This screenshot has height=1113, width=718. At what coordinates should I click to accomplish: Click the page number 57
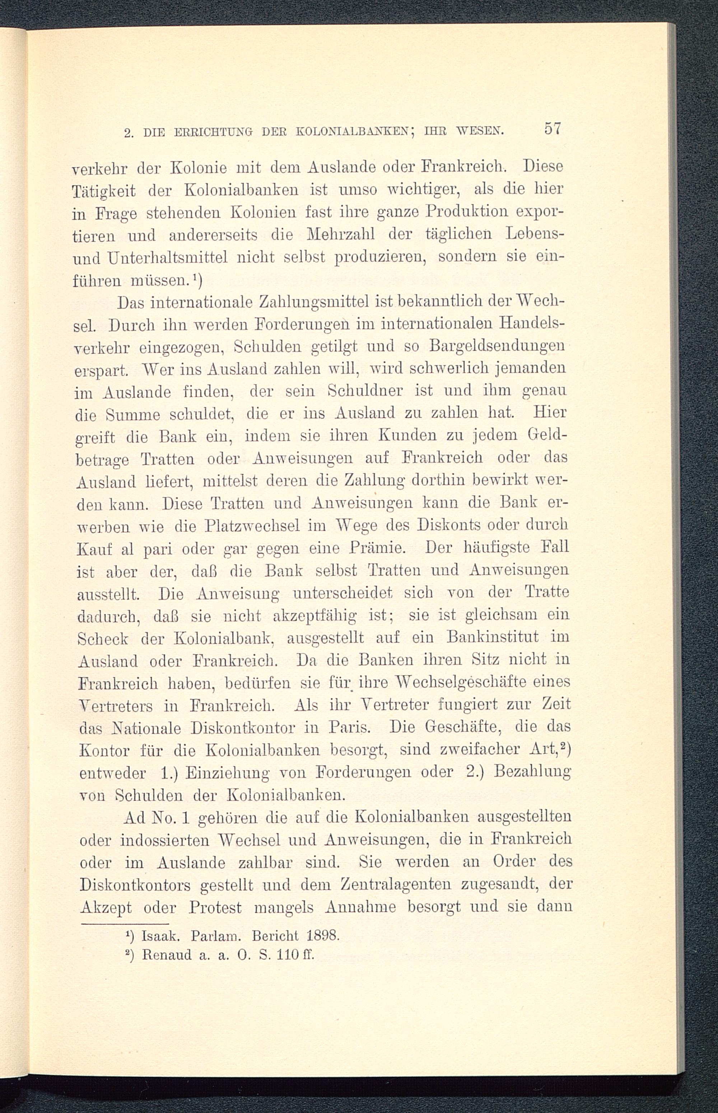tap(551, 129)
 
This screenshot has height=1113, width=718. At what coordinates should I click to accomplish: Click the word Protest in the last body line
tap(215, 908)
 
